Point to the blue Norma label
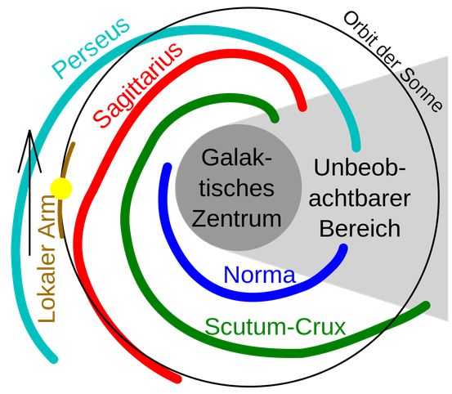[259, 276]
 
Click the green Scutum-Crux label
[275, 327]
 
